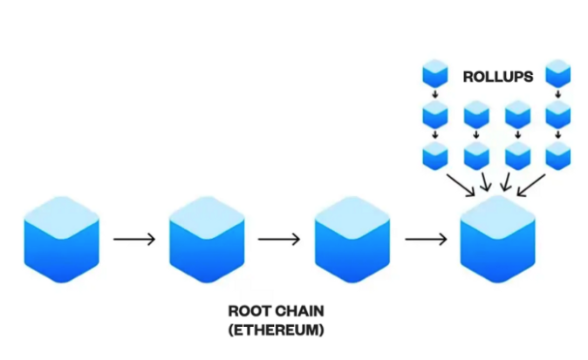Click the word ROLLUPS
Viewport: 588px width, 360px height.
497,78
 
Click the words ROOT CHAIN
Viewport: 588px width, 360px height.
270,311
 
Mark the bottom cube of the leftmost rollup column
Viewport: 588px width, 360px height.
435,155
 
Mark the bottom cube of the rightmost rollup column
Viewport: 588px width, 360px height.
558,155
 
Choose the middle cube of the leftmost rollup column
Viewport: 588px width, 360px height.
435,114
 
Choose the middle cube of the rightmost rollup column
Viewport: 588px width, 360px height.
558,114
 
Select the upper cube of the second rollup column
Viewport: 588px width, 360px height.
476,114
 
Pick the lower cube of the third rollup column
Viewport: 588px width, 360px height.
518,155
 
